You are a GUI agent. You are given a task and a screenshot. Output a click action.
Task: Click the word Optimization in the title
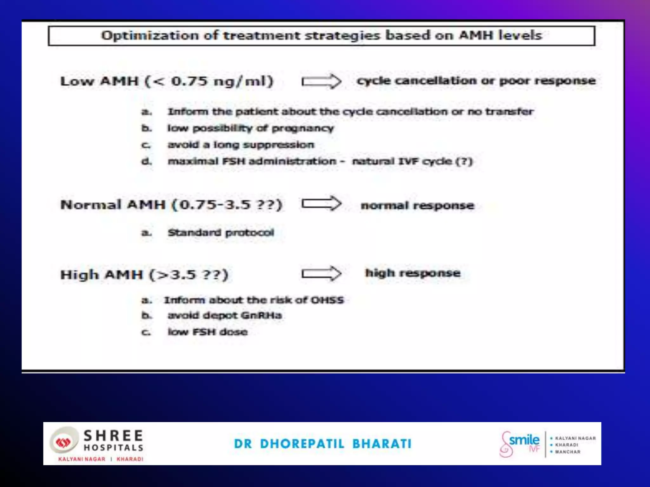[149, 36]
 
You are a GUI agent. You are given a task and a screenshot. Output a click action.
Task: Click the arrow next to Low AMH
[321, 82]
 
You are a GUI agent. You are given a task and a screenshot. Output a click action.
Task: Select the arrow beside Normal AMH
[321, 204]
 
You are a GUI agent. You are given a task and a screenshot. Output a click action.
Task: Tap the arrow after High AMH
[321, 273]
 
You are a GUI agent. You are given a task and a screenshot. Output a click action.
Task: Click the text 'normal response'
[417, 205]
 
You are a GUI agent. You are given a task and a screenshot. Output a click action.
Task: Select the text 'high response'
[413, 273]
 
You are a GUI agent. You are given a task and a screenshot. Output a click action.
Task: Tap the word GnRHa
[261, 315]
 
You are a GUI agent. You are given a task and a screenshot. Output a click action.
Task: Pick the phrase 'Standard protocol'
[221, 233]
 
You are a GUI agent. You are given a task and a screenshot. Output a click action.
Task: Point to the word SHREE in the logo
[113, 436]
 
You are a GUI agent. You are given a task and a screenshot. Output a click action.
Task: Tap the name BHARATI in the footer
[382, 444]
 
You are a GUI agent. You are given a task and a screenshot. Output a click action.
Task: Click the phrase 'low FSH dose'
[208, 332]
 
